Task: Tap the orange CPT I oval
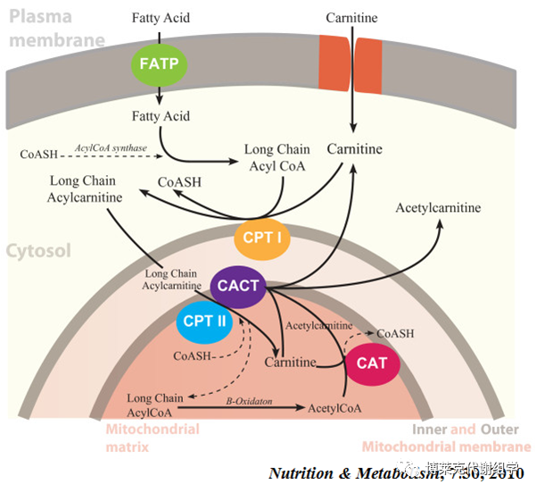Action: [262, 238]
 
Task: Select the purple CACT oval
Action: [240, 286]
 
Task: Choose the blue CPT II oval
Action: [202, 321]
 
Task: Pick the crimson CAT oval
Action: [372, 363]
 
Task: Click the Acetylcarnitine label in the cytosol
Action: [438, 208]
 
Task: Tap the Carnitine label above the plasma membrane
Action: [353, 17]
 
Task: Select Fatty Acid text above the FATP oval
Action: [161, 17]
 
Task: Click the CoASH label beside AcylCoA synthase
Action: [37, 154]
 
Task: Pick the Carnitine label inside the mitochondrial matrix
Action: [291, 363]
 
